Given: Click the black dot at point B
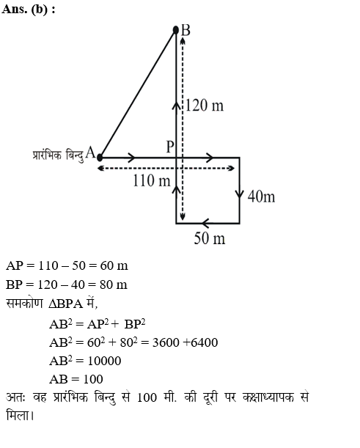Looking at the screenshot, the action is (x=176, y=30).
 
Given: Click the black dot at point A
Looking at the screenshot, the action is (x=100, y=158).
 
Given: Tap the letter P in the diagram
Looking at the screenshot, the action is (x=170, y=147).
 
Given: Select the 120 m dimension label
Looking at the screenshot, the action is (x=205, y=106).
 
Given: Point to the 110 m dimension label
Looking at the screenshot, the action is (x=152, y=180).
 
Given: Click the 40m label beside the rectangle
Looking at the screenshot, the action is (x=261, y=197).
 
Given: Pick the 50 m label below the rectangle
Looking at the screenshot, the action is (x=210, y=238).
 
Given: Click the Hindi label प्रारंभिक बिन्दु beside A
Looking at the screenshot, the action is (x=58, y=155).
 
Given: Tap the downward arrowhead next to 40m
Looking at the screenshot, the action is (x=240, y=194).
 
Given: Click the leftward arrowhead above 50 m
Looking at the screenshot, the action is (x=206, y=223).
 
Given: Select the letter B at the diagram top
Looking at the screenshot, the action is (x=185, y=30).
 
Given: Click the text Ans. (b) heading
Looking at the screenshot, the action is (x=29, y=9).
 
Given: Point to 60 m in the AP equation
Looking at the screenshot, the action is (x=114, y=265).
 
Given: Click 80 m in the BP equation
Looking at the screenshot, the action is (x=114, y=284).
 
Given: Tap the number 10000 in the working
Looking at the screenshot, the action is (x=104, y=361).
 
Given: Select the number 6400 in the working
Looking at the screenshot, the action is (x=205, y=342).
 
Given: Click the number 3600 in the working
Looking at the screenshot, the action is (x=166, y=342).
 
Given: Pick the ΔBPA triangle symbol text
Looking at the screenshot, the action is (x=66, y=304).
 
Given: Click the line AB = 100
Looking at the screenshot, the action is (x=76, y=379).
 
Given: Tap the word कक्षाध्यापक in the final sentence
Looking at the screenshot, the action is (x=268, y=397).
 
